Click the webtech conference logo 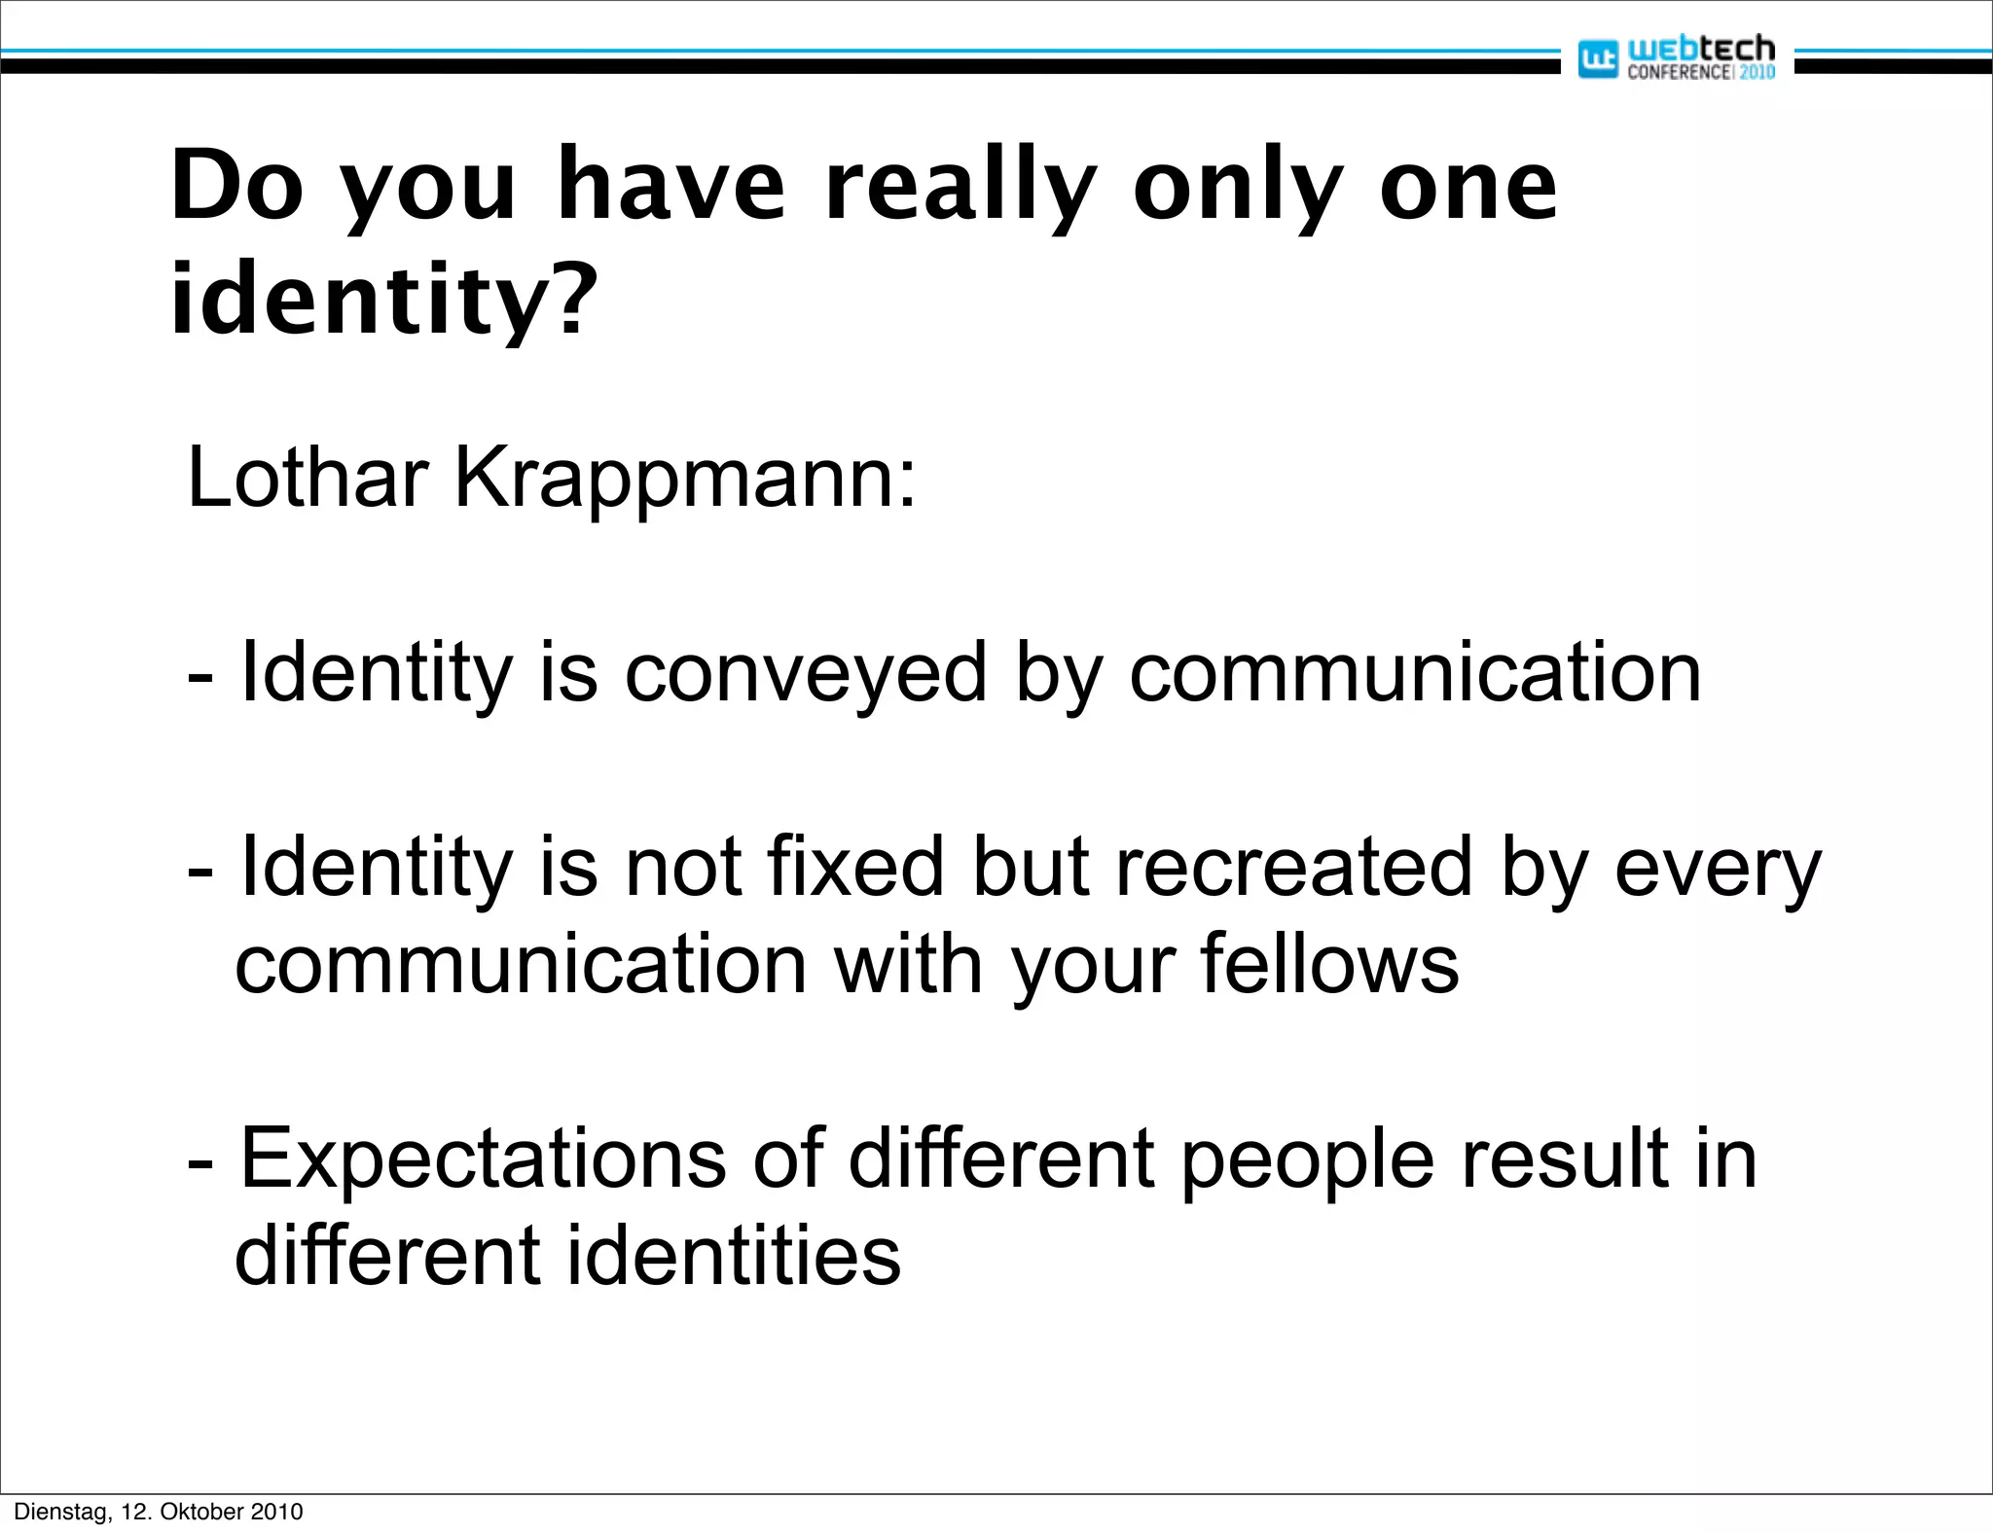(1676, 57)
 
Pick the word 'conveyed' (806, 673)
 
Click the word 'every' (1718, 869)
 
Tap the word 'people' (1307, 1159)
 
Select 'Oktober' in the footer (201, 1512)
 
